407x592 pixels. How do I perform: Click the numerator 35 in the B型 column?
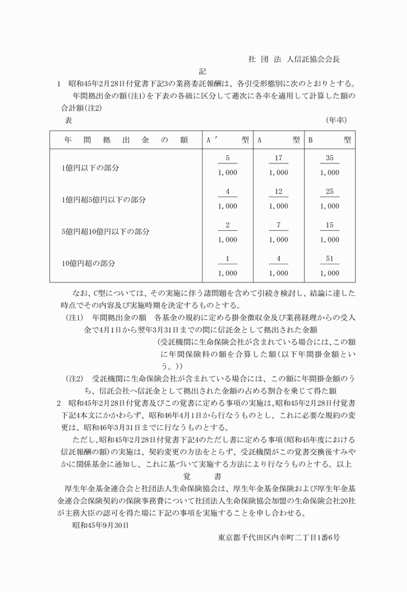click(329, 158)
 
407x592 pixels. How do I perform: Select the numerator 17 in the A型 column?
click(278, 158)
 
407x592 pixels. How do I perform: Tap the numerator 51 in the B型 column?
click(329, 259)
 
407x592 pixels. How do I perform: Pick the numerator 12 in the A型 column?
click(278, 192)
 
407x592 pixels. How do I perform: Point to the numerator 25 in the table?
click(329, 192)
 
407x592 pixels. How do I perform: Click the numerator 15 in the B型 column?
click(329, 226)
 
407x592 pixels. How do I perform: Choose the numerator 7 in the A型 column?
click(278, 226)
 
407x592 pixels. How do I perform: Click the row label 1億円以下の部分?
click(91, 167)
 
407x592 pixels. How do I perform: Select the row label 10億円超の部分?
click(89, 264)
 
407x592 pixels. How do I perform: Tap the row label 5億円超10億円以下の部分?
click(106, 231)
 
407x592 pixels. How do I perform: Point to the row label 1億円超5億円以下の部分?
click(103, 200)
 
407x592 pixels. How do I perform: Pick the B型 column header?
click(329, 139)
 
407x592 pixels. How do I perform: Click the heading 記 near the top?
click(203, 70)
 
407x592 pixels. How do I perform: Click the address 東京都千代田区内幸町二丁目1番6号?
click(279, 537)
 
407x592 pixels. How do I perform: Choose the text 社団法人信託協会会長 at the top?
click(294, 59)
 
